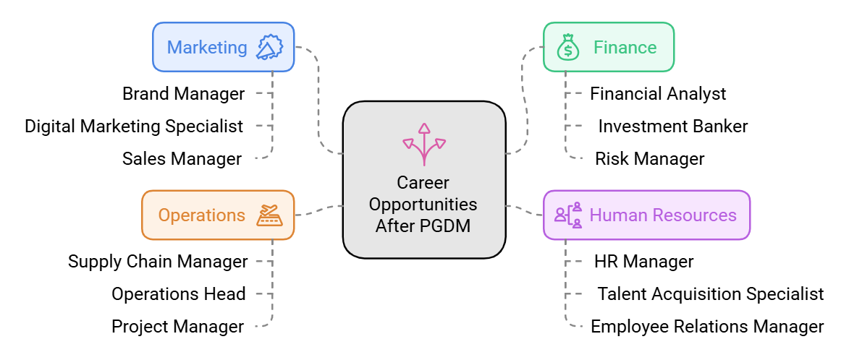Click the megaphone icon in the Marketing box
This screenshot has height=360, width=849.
point(269,48)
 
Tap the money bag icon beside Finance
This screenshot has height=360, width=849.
point(568,48)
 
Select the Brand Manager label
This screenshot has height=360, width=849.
point(183,94)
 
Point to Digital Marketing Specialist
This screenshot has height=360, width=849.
point(134,127)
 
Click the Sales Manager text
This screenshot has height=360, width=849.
point(182,159)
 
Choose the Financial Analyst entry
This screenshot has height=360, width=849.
point(658,94)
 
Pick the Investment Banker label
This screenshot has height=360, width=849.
point(672,127)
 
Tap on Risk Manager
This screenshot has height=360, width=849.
point(649,159)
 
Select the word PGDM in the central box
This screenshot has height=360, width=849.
point(444,226)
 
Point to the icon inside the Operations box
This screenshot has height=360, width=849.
point(269,215)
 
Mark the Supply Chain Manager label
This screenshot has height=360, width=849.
point(158,262)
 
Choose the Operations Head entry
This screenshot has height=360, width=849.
point(178,294)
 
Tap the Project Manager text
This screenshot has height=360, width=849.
point(177,327)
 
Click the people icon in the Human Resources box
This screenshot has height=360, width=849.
point(568,215)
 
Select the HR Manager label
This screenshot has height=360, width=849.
point(643,262)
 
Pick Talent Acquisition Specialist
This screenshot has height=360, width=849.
point(710,294)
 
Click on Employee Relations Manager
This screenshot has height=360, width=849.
point(707,327)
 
